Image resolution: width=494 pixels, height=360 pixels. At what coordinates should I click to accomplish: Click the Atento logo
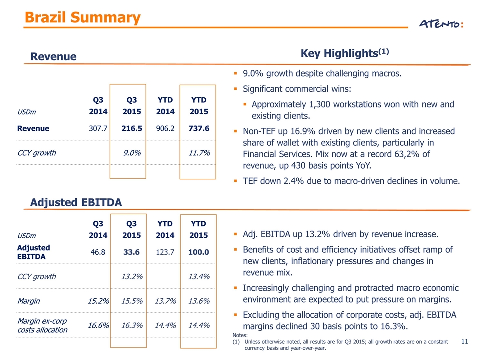(441, 24)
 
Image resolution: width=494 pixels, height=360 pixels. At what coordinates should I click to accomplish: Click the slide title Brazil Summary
(83, 17)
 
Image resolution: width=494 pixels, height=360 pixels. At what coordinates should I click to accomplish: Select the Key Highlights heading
(345, 53)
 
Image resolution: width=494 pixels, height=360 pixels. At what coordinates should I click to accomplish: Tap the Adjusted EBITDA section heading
(76, 202)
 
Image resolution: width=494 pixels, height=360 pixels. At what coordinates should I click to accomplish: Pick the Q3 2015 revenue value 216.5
(132, 128)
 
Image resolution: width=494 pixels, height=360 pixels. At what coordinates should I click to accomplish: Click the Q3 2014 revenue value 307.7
(98, 128)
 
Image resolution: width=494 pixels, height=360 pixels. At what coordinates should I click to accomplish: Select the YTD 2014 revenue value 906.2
(165, 128)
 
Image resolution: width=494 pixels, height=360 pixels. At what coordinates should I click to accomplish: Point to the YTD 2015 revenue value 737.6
(199, 128)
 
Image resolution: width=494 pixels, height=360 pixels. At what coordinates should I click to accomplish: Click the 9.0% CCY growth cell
(132, 153)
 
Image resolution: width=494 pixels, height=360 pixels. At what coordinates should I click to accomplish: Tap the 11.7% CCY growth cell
(199, 153)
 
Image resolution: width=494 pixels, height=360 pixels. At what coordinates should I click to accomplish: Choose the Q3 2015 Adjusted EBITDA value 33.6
(131, 252)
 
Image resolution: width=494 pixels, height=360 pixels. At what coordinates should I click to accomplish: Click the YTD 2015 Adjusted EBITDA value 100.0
(198, 252)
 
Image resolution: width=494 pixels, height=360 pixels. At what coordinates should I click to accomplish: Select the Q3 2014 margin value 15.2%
(98, 301)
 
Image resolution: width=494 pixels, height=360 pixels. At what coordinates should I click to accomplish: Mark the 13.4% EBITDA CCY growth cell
(199, 277)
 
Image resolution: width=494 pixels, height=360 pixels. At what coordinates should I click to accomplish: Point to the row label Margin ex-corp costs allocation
(42, 325)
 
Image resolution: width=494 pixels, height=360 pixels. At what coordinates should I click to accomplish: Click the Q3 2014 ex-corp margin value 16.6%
(98, 325)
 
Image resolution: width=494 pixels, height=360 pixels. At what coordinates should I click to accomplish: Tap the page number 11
(465, 341)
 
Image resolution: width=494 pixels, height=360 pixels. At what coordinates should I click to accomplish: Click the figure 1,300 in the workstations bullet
(320, 104)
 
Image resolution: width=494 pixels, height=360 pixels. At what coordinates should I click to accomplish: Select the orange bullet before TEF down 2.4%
(235, 181)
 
